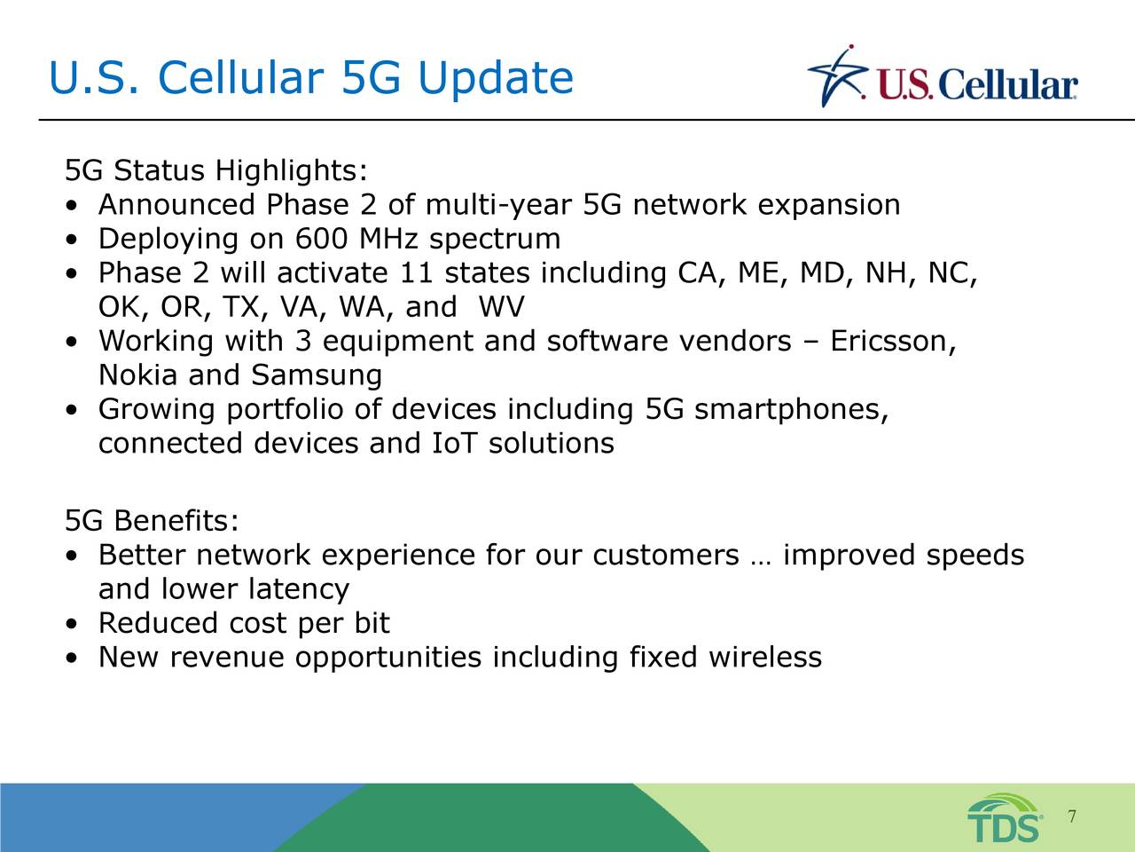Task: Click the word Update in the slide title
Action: [496, 79]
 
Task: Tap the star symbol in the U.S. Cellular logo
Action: [838, 76]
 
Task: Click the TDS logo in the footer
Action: [1004, 818]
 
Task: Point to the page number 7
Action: [1072, 816]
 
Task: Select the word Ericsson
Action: [893, 342]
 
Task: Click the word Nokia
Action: [137, 375]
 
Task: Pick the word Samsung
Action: [317, 376]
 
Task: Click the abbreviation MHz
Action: [387, 239]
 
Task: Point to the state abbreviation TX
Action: [245, 308]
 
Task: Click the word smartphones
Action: [791, 410]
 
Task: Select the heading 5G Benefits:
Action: [152, 520]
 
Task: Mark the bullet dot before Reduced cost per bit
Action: [72, 624]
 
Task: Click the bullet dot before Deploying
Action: [72, 240]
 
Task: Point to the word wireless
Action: [764, 657]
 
